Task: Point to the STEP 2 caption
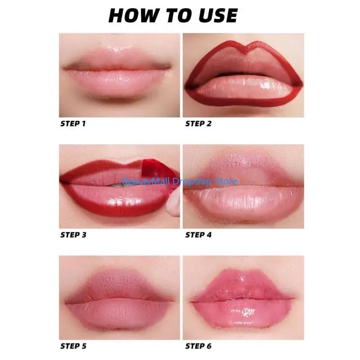click(198, 124)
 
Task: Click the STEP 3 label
click(74, 234)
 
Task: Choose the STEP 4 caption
click(198, 234)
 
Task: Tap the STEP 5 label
click(74, 346)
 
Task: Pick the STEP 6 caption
click(198, 346)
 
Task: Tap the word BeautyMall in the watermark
click(144, 181)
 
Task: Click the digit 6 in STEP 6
click(209, 346)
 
